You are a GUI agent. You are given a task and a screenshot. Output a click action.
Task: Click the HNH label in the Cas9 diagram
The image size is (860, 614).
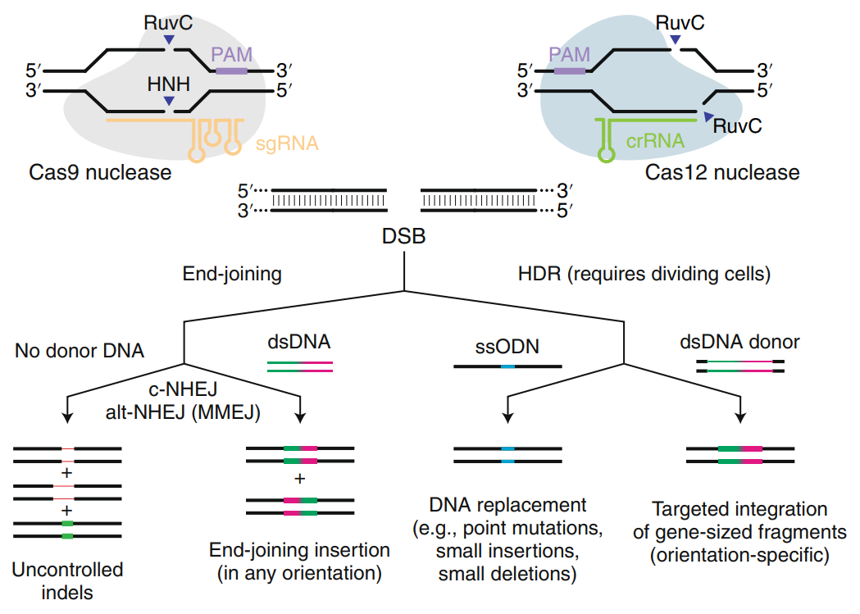click(x=168, y=84)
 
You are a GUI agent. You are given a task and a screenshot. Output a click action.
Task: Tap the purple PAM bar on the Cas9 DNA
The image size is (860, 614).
click(x=231, y=72)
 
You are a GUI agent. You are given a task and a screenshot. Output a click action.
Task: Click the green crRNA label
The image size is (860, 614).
click(x=655, y=140)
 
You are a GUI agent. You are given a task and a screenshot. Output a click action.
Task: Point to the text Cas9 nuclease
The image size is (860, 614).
click(x=100, y=172)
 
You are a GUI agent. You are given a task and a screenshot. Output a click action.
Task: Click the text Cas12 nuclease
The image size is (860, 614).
click(x=721, y=172)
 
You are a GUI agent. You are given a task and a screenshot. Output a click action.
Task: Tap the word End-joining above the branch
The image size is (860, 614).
click(x=232, y=275)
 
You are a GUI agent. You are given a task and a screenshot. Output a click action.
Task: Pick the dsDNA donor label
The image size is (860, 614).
click(x=739, y=342)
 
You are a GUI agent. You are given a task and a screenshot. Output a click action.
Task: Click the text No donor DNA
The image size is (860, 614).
click(x=79, y=352)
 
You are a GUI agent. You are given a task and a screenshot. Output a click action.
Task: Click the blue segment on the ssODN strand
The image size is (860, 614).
click(x=508, y=366)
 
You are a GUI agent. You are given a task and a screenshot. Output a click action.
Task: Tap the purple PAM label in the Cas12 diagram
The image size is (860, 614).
click(x=570, y=55)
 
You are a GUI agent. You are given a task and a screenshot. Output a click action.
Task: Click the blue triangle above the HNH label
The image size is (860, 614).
click(x=168, y=100)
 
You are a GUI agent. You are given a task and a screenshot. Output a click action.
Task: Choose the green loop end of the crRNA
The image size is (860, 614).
click(x=608, y=154)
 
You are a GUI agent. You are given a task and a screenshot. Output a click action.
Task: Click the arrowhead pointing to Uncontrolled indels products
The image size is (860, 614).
click(x=67, y=418)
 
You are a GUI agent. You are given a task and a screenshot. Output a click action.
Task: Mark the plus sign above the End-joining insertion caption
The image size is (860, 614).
click(x=299, y=478)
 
